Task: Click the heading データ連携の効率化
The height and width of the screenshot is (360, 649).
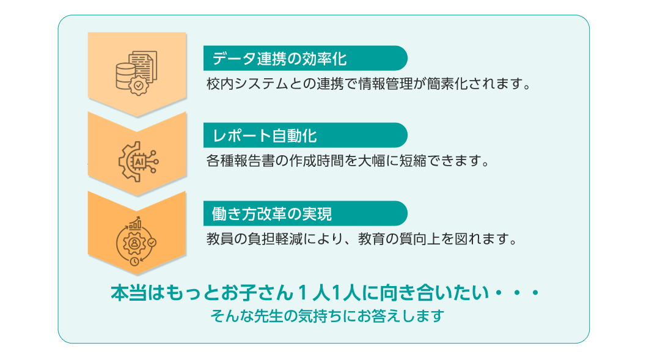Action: [x=279, y=59]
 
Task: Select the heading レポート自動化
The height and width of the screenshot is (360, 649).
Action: [x=265, y=135]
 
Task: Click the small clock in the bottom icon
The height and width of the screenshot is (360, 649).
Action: [x=134, y=261]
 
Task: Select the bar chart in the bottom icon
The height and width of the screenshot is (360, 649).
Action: [x=135, y=224]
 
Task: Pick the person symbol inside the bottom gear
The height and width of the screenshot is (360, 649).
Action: [x=134, y=243]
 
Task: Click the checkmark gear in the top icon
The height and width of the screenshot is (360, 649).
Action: [x=139, y=86]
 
